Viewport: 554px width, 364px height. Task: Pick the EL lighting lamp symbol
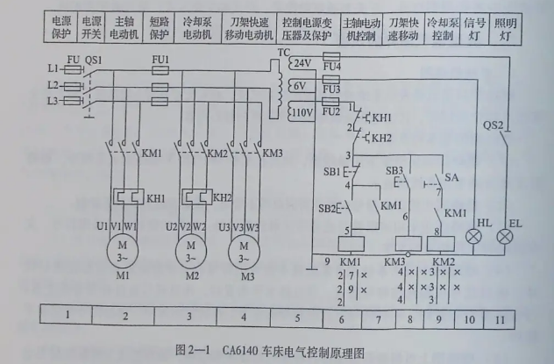point(505,236)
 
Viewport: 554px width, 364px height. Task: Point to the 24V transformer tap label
point(302,64)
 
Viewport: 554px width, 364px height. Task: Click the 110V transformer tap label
point(301,112)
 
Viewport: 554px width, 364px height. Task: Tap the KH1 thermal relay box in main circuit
point(129,195)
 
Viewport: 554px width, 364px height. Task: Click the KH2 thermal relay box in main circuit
point(195,195)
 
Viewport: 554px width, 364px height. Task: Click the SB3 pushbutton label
point(395,169)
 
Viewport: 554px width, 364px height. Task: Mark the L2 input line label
point(53,85)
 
